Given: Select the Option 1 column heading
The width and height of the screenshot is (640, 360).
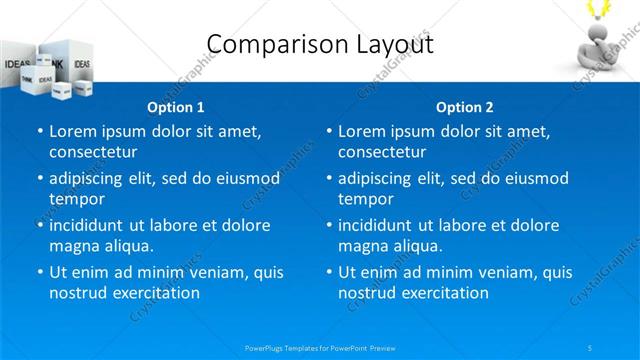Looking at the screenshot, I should (176, 107).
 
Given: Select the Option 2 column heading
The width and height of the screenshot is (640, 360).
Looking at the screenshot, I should (464, 107).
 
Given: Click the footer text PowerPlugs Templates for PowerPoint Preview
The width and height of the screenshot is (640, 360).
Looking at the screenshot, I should (320, 347).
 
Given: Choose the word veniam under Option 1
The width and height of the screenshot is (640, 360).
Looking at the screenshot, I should (207, 272).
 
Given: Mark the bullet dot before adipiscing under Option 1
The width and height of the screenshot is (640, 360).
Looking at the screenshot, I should (40, 178).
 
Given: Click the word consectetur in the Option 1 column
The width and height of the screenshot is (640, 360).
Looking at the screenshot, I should (93, 152).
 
